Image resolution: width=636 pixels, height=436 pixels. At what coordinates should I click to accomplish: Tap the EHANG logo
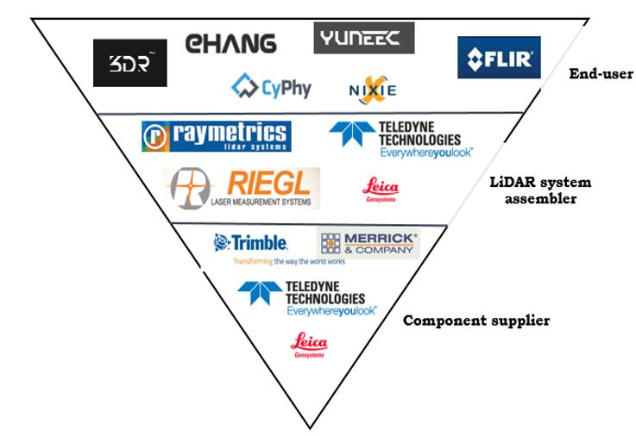click(230, 43)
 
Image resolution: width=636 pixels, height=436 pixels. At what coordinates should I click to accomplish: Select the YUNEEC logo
click(363, 39)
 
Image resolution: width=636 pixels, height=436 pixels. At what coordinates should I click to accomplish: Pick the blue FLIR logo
click(499, 59)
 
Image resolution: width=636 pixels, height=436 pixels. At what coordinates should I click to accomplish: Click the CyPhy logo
click(271, 87)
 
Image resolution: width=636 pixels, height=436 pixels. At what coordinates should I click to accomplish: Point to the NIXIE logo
click(372, 89)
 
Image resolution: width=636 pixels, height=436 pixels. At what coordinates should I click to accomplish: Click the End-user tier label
click(601, 74)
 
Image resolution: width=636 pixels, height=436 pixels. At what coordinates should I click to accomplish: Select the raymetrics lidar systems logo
click(217, 136)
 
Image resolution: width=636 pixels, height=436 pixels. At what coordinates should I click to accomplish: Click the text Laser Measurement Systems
click(262, 202)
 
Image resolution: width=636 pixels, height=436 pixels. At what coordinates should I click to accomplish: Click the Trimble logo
click(251, 244)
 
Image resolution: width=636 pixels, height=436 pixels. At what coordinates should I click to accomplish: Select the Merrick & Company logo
click(368, 244)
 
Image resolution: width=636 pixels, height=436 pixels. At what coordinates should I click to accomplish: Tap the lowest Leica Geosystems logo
click(309, 345)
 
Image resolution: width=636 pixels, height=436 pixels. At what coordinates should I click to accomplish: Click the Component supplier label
click(476, 321)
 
